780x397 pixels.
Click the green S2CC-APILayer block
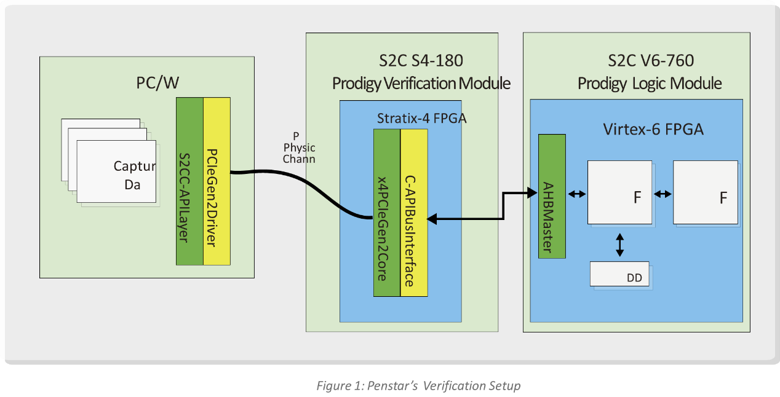click(x=189, y=181)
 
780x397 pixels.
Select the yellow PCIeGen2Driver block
click(x=217, y=181)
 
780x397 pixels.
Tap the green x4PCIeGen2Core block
click(x=387, y=213)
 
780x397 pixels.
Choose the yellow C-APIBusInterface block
click(x=414, y=213)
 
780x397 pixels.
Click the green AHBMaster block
click(x=552, y=195)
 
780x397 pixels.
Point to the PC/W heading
click(x=157, y=83)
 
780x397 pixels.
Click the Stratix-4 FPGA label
click(x=421, y=117)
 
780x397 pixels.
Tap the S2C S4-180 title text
click(x=421, y=61)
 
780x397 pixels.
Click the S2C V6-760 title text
click(x=650, y=61)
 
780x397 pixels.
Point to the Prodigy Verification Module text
click(x=421, y=83)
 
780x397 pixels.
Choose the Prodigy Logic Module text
click(x=650, y=83)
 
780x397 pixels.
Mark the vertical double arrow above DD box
click(x=620, y=244)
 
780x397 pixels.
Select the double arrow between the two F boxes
click(x=663, y=194)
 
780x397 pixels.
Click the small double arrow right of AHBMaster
click(x=577, y=194)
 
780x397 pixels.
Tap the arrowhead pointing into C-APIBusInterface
click(x=432, y=218)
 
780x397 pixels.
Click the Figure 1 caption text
click(x=418, y=386)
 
